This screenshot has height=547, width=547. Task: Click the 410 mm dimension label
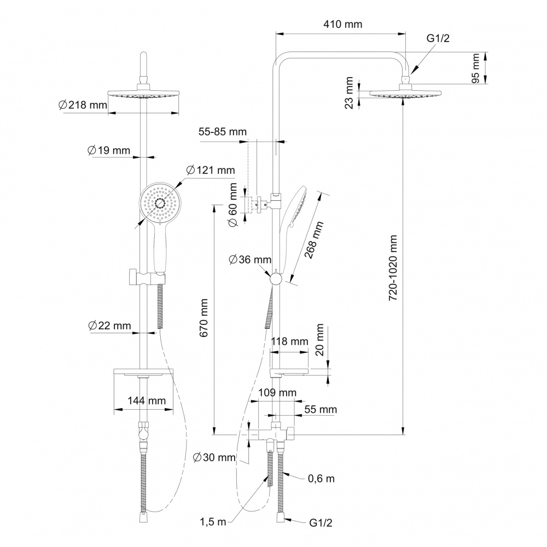[x=342, y=25]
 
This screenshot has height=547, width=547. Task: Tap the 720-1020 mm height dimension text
[x=393, y=267]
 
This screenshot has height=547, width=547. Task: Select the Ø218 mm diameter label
[x=83, y=104]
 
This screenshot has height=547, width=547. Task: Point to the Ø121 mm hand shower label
[x=211, y=170]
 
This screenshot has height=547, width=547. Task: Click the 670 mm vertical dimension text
[x=203, y=317]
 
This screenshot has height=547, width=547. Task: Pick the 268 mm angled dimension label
[x=314, y=240]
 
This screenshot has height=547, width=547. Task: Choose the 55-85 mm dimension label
[x=223, y=131]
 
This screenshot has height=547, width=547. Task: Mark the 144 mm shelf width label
[x=147, y=400]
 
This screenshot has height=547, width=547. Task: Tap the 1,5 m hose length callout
[x=213, y=522]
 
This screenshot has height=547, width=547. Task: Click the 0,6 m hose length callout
[x=321, y=479]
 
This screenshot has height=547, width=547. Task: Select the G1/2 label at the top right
[x=438, y=38]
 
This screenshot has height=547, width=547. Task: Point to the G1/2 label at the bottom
[x=321, y=522]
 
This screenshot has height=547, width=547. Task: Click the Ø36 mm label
[x=250, y=259]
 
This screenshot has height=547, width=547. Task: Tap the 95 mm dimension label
[x=475, y=68]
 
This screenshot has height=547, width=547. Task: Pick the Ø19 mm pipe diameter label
[x=108, y=150]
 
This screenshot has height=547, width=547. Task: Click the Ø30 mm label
[x=214, y=457]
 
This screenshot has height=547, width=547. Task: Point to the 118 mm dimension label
[x=289, y=341]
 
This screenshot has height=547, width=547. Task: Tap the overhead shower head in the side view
[x=405, y=93]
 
